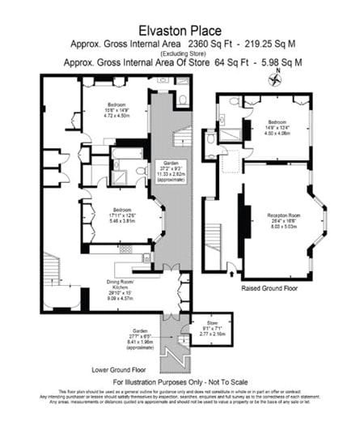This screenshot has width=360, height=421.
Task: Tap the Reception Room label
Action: (x=277, y=221)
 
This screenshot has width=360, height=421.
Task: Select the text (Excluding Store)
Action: (x=180, y=53)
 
